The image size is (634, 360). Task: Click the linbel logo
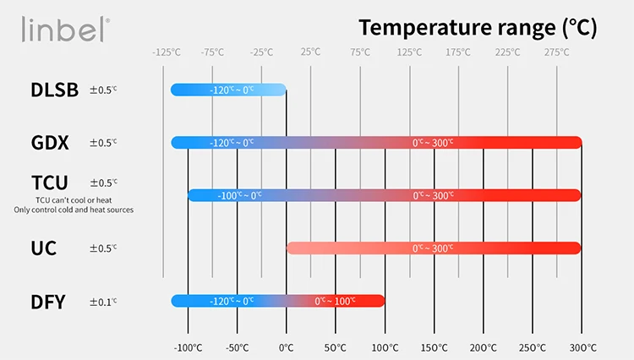[66, 30]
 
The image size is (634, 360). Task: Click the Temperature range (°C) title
[478, 27]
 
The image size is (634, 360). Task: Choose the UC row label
[44, 248]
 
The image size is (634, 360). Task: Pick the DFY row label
[48, 301]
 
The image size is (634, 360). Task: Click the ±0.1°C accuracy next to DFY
[103, 302]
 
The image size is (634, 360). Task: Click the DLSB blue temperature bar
[228, 90]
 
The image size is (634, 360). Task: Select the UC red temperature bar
[434, 248]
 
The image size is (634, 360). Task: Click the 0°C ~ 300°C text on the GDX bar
[433, 143]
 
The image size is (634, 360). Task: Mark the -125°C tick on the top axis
[167, 52]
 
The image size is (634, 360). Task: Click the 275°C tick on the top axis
[556, 52]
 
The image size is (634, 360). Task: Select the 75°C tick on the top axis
[360, 52]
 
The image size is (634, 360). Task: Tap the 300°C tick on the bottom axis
[582, 347]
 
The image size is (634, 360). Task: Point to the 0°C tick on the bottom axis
[286, 347]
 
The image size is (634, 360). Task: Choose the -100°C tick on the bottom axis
[188, 347]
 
